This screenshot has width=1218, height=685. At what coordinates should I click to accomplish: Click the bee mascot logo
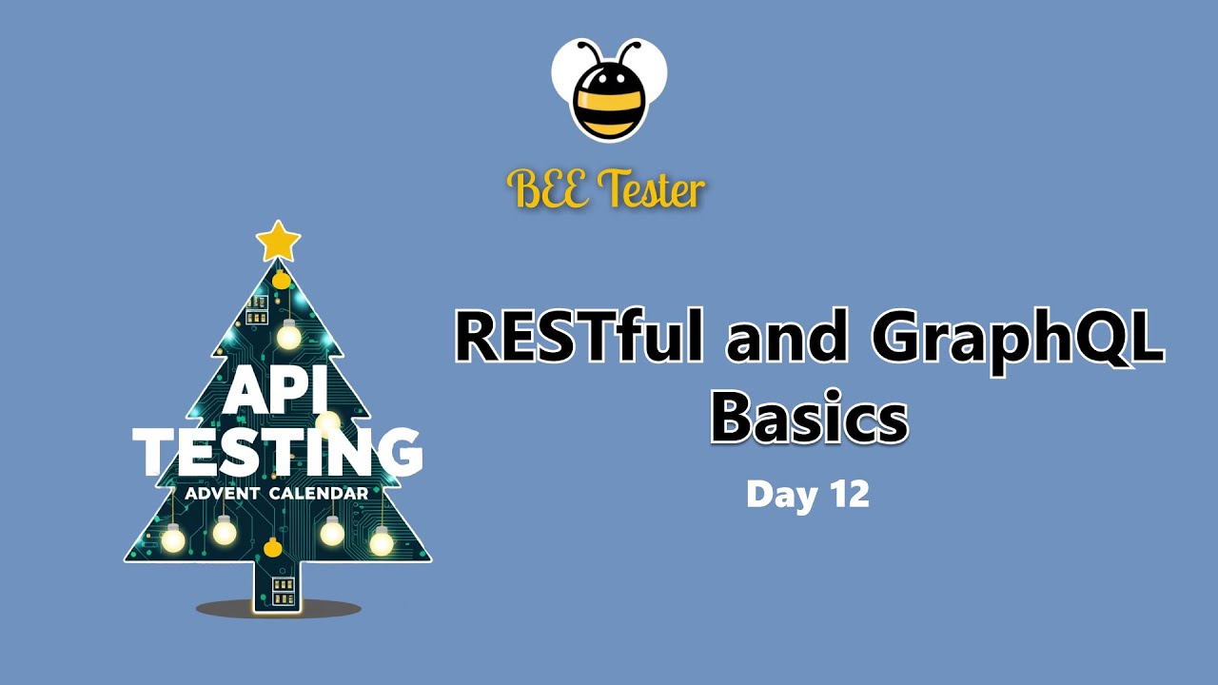coord(609,90)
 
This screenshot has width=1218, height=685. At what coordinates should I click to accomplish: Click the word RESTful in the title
coord(580,336)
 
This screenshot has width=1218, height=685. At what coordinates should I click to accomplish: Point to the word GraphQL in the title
coord(1018,342)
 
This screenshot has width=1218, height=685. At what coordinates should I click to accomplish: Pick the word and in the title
coord(787,337)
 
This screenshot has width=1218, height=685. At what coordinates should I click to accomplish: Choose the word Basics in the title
coord(809,417)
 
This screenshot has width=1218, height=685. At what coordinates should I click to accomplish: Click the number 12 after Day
coord(849,494)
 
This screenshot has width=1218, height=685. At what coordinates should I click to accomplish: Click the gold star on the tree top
coord(279,242)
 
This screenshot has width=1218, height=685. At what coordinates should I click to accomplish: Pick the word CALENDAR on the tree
coord(319,494)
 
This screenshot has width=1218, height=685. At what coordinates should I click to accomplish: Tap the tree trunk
coord(277,587)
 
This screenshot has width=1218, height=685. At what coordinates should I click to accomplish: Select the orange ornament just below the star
coord(281,280)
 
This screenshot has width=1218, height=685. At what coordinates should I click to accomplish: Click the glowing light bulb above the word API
coord(288,334)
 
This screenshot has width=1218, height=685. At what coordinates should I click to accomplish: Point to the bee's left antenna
coord(591,50)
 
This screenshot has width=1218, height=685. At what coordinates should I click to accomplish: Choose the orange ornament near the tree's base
coord(273,547)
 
